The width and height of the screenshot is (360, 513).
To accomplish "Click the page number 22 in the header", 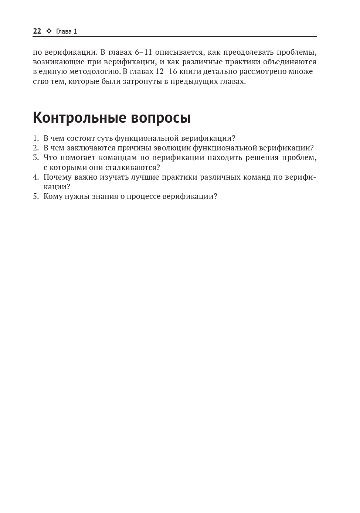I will [37, 31].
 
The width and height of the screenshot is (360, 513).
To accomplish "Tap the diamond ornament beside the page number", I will [48, 31].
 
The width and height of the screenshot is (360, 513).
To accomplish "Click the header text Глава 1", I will [67, 31].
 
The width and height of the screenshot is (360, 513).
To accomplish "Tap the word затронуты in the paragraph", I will [143, 81].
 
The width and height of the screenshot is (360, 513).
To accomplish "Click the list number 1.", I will [35, 139].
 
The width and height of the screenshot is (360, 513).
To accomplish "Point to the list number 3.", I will [35, 158].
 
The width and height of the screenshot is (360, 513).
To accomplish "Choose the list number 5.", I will [35, 196].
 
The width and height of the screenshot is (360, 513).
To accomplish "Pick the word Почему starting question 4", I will [57, 177].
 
